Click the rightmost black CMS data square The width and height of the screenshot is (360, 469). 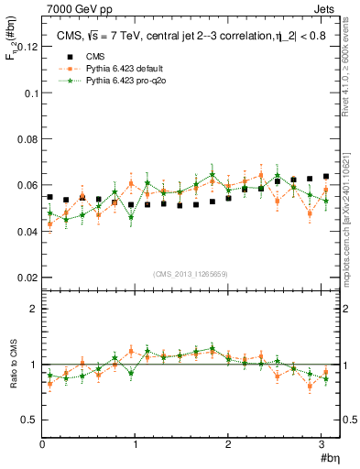(326, 177)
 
